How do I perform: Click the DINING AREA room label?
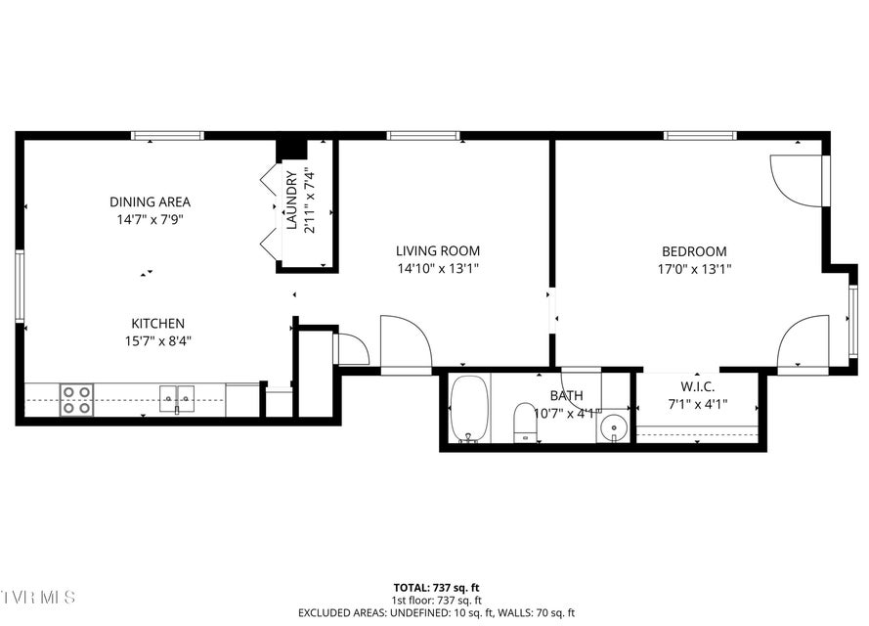[x=150, y=202]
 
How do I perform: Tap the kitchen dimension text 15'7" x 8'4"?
[x=158, y=341]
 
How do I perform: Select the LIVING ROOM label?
[x=438, y=251]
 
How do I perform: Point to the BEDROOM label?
[x=694, y=251]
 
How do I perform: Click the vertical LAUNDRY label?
[x=291, y=201]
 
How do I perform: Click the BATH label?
[x=566, y=396]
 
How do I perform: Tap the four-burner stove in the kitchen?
[x=77, y=399]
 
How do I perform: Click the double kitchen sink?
[x=177, y=399]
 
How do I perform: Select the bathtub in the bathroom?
[x=469, y=409]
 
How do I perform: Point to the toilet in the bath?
[x=525, y=421]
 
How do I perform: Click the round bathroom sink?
[x=613, y=426]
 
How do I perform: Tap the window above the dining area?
[x=167, y=136]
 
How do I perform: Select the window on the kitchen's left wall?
[x=20, y=286]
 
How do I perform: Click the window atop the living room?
[x=422, y=136]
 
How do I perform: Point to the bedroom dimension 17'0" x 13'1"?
[x=694, y=268]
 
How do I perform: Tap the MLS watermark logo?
[x=37, y=596]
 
